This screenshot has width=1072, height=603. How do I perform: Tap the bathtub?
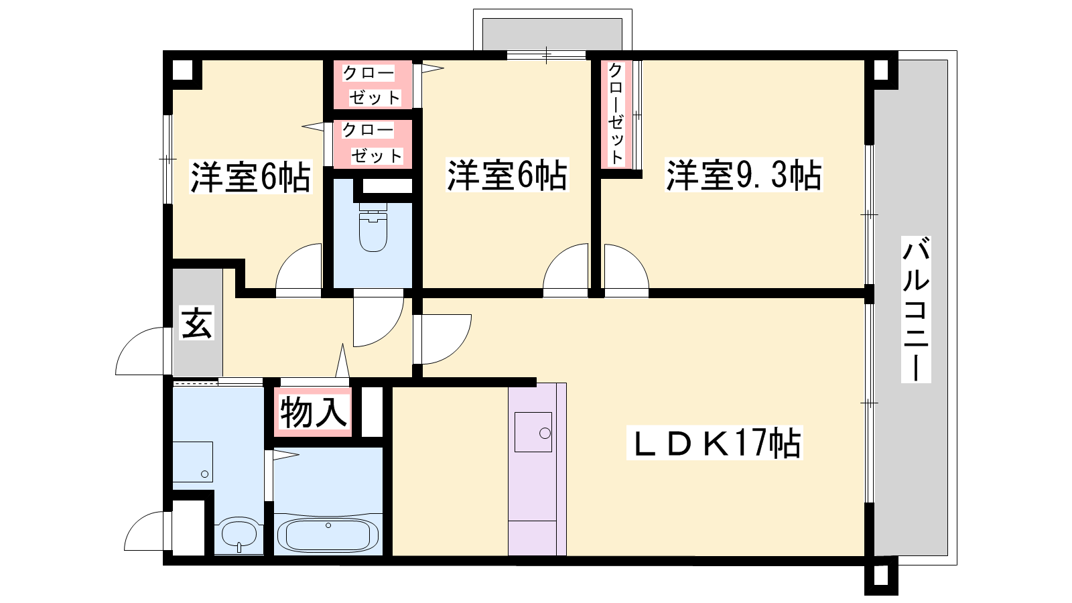pos(328,535)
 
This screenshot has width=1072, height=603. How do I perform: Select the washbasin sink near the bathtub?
pos(239,534)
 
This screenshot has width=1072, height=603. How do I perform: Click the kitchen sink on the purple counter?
pos(533,432)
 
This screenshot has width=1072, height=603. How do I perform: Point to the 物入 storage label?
pos(314,413)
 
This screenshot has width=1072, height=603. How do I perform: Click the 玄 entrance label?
pos(196,322)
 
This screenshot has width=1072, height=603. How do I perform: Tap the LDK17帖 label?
pos(714,443)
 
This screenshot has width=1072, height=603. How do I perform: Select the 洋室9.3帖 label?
pos(744,175)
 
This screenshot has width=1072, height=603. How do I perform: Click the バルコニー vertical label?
pos(916,309)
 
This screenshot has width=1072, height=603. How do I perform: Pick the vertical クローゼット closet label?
pos(616,114)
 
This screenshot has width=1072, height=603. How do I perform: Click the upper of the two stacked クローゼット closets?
pos(373,84)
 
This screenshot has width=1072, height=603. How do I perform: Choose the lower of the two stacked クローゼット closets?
pos(373,143)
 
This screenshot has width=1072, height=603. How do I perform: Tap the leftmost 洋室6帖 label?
pos(251,177)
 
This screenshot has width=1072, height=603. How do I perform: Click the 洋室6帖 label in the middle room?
pos(507,175)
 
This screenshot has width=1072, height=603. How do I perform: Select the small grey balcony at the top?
pos(552,34)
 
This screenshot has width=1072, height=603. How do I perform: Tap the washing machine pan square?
pos(192,462)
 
